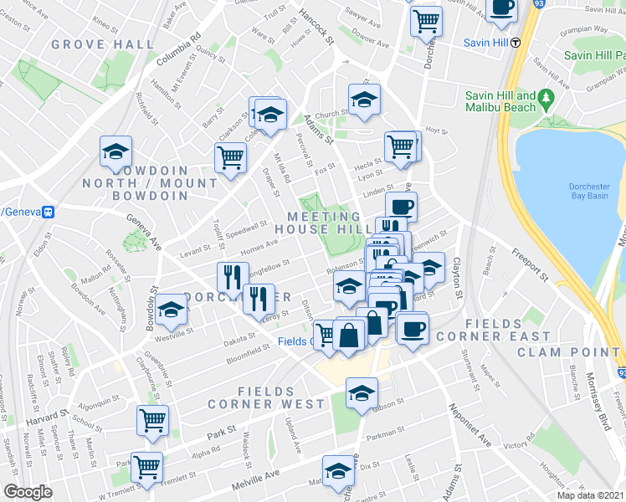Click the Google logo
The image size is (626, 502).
click(x=28, y=492)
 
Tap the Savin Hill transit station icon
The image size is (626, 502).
click(x=517, y=41)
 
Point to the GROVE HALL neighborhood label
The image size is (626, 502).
click(x=103, y=44)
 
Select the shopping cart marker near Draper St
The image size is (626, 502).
click(x=230, y=157)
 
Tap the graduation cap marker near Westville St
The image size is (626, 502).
click(x=171, y=312)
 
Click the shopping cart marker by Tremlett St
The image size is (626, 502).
click(x=147, y=468)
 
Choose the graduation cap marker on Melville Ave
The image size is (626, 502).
click(x=339, y=471)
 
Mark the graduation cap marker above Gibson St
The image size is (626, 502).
click(x=362, y=394)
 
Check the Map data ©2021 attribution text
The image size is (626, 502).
click(x=591, y=495)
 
